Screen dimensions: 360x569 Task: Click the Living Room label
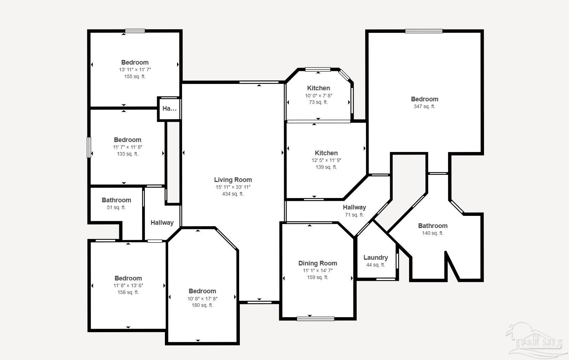(x=233, y=180)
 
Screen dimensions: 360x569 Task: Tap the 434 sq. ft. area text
(x=233, y=194)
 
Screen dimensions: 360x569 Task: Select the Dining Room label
(x=317, y=263)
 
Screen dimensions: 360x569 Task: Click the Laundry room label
(x=376, y=258)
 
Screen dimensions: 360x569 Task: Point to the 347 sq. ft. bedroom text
(x=424, y=106)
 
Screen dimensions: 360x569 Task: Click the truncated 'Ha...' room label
(x=169, y=108)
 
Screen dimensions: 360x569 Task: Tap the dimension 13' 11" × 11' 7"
(x=135, y=70)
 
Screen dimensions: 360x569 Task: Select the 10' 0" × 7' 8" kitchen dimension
(x=318, y=96)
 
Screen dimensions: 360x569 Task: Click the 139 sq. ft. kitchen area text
(x=326, y=167)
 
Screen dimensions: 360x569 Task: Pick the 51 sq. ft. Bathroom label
(x=116, y=200)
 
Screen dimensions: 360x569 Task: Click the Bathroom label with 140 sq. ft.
(x=433, y=226)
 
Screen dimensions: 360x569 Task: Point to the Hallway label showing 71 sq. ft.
(x=354, y=207)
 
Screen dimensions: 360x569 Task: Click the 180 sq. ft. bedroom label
(x=202, y=291)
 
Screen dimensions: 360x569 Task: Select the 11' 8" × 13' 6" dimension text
(x=128, y=285)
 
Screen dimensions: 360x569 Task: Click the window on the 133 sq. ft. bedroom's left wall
(x=89, y=147)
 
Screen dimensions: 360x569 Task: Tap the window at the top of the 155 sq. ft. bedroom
(x=135, y=31)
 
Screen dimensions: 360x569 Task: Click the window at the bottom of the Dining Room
(x=315, y=319)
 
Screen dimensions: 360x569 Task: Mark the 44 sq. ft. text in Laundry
(x=376, y=265)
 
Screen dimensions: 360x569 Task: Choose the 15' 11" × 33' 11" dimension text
(x=233, y=187)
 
